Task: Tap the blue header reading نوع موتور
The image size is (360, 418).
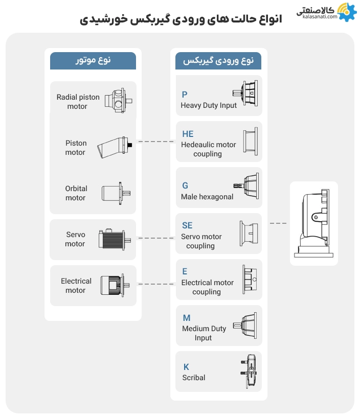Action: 93,60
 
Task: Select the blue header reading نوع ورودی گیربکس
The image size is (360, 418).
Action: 218,60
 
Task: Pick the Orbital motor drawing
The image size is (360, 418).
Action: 115,193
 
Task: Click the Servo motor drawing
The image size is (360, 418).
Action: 115,239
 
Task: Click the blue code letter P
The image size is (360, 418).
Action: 185,95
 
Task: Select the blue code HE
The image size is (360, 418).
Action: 188,134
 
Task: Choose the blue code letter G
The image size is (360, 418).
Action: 185,185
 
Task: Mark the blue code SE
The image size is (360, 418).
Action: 187,225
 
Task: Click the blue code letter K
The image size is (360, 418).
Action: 186,367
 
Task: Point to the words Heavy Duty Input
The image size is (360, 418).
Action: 209,105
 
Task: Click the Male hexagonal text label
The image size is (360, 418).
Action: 207,197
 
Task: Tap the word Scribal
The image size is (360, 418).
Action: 194,378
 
